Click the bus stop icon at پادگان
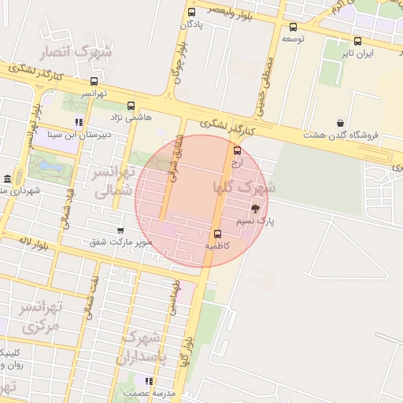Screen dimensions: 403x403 pyautogui.click(x=191, y=12)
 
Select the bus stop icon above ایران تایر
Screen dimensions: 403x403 pyautogui.click(x=358, y=41)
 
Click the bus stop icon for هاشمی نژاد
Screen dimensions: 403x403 pyautogui.click(x=131, y=105)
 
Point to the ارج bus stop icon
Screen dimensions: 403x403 pyautogui.click(x=238, y=151)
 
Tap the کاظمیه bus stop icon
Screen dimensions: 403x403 pyautogui.click(x=217, y=234)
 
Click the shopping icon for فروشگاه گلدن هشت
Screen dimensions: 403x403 pyautogui.click(x=340, y=123)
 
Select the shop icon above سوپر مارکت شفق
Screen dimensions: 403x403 pyautogui.click(x=120, y=230)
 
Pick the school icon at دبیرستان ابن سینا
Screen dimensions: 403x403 pyautogui.click(x=78, y=122)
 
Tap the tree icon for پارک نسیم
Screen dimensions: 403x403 pyautogui.click(x=255, y=209)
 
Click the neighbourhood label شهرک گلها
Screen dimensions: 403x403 pyautogui.click(x=244, y=187)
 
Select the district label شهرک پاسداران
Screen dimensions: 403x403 pyautogui.click(x=141, y=347)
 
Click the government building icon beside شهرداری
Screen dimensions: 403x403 pyautogui.click(x=7, y=178)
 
